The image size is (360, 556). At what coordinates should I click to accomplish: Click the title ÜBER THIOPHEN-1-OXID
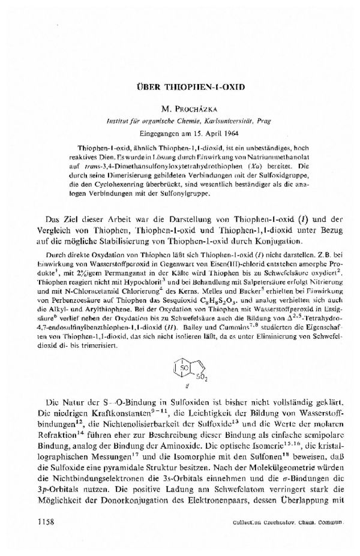point(180,86)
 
